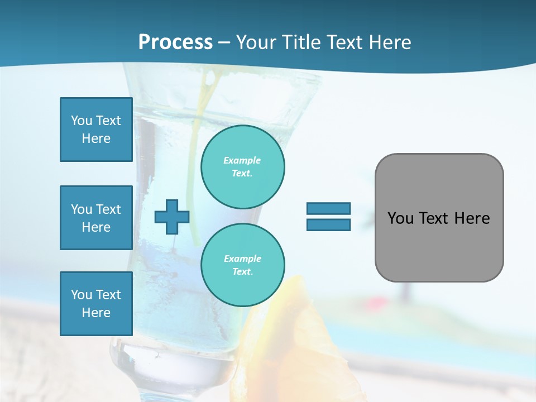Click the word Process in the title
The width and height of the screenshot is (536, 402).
pos(175,42)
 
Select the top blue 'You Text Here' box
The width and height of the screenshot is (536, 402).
pos(96,130)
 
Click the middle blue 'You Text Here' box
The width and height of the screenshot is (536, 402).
pos(96,218)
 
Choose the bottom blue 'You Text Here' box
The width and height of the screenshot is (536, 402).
pos(96,304)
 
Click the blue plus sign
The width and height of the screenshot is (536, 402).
pos(172,217)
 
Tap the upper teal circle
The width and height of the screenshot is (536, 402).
pos(242,167)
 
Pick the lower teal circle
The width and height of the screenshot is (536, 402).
pos(242,265)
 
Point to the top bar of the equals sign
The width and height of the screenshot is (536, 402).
pos(328,209)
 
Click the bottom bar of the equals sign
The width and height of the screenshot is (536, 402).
pos(328,224)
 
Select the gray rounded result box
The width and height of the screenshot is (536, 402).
pos(439,246)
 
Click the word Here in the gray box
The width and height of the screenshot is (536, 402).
pos(472,218)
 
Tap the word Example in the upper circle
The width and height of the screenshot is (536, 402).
pos(242,160)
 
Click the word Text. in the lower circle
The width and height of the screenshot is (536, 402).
pos(242,272)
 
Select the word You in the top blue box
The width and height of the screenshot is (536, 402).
pos(82,121)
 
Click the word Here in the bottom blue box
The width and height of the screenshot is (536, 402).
pos(96,313)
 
